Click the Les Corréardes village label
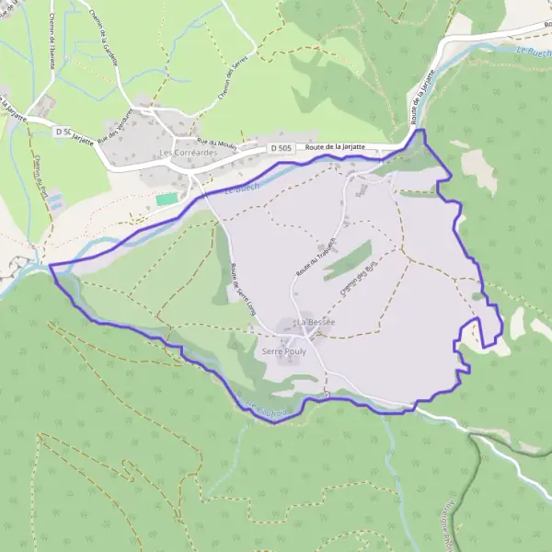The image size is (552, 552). point(187,153)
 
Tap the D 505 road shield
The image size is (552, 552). point(282,148)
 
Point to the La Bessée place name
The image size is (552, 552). point(315,322)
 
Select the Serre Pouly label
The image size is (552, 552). point(283,352)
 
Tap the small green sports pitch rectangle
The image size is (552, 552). point(167,199)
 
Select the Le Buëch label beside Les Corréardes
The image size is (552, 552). point(240,191)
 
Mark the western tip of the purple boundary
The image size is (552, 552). point(50,266)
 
